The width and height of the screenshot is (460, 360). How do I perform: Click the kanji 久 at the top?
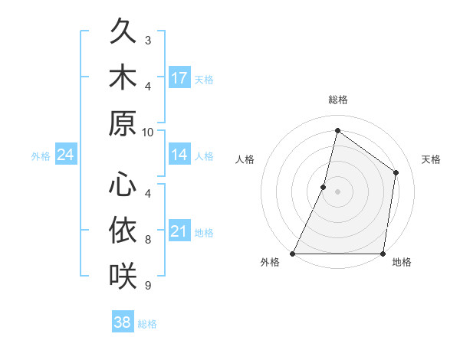point(123,33)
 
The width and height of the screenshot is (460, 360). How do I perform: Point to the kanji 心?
point(123,184)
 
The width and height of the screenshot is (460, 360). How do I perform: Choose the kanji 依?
point(123,229)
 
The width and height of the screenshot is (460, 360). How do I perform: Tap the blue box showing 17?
point(179,77)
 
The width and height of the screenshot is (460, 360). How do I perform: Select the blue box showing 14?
point(179,155)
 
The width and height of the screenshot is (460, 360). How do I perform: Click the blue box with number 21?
point(179,231)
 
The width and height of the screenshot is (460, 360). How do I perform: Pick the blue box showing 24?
point(66,155)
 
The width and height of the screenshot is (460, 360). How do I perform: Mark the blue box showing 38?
point(123,322)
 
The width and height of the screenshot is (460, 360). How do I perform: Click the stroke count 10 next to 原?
point(148,131)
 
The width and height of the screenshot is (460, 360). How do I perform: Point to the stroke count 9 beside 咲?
point(148,285)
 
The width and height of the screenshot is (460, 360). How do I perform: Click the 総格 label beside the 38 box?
point(147,324)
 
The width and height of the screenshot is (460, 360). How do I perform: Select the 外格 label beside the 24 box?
point(41,156)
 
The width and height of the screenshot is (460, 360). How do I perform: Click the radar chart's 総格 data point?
point(337,130)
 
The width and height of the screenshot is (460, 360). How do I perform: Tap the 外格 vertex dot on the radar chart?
point(293,254)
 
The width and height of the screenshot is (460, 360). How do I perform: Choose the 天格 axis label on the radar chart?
point(432,159)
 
